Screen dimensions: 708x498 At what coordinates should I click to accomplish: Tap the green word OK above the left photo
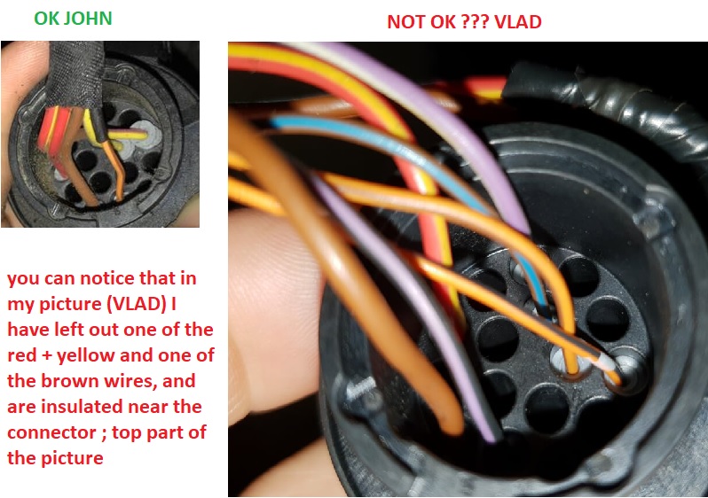pyautogui.click(x=46, y=18)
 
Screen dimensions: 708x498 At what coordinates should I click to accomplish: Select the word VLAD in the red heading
pyautogui.click(x=518, y=21)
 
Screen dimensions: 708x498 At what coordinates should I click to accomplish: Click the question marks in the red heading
pyautogui.click(x=475, y=21)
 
